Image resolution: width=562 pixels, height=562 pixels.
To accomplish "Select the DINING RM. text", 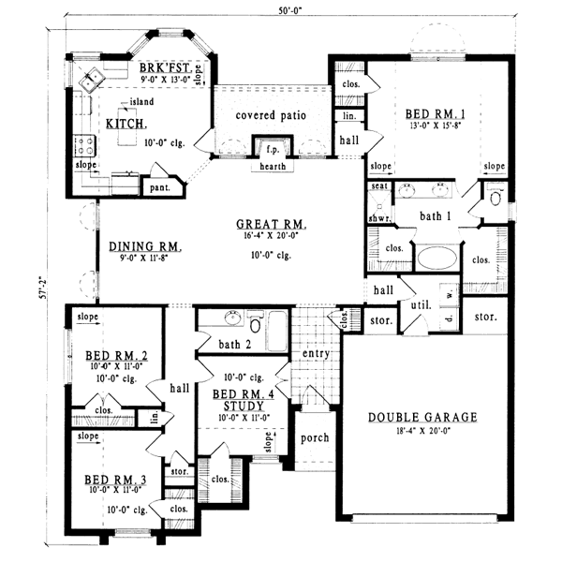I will click(x=143, y=247).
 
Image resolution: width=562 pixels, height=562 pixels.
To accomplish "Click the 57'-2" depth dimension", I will click(x=38, y=284).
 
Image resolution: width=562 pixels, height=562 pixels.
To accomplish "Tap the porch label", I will click(x=312, y=437).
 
